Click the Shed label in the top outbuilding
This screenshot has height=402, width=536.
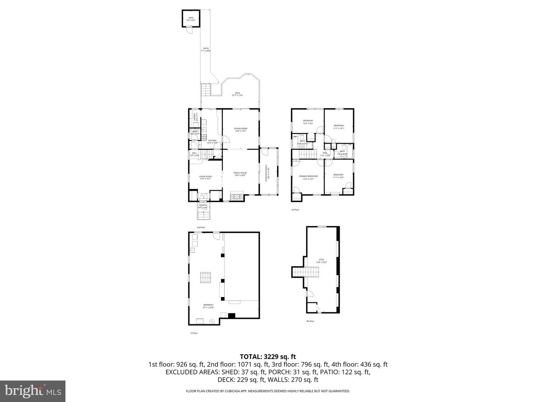click(x=191, y=19)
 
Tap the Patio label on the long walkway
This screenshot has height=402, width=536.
click(x=206, y=50)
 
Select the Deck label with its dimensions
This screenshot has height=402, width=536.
click(x=237, y=94)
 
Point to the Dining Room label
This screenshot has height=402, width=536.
click(x=241, y=130)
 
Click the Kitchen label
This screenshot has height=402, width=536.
click(x=212, y=141)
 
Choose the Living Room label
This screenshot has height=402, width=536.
click(x=205, y=178)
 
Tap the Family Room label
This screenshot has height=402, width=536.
click(x=240, y=174)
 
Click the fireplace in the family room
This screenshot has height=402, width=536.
click(x=237, y=196)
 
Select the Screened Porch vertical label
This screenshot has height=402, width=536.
click(x=267, y=173)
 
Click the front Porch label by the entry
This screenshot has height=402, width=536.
click(x=203, y=206)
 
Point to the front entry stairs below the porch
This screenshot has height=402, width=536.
click(x=203, y=216)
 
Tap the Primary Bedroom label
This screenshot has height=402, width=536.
click(x=308, y=177)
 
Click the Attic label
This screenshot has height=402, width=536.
click(x=321, y=261)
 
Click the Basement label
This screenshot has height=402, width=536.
click(x=208, y=306)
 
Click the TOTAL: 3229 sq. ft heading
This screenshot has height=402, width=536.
click(x=268, y=357)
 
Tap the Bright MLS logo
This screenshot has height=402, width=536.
click(x=33, y=391)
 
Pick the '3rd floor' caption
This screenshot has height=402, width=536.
click(x=295, y=210)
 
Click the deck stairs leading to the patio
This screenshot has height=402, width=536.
click(x=206, y=90)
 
